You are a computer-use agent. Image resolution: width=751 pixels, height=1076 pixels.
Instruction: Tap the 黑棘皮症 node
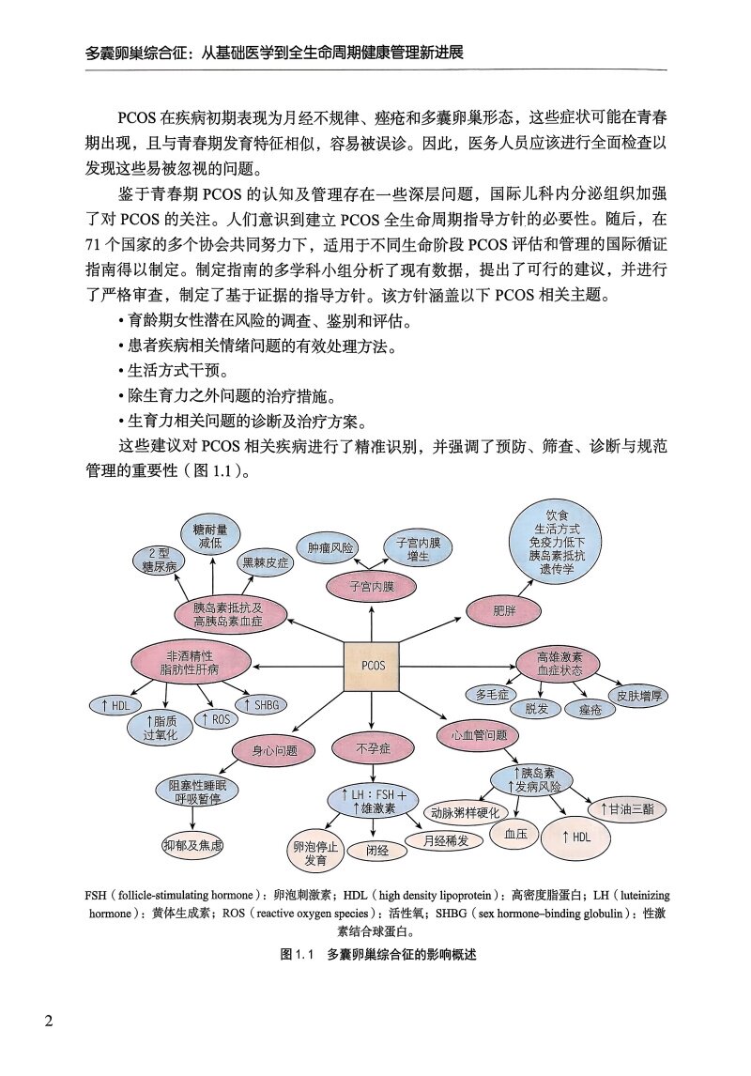pos(267,563)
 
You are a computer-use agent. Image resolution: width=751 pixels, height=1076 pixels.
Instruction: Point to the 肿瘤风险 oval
pos(325,546)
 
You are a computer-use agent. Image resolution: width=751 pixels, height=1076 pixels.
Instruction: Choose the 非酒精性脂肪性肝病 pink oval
pos(192,662)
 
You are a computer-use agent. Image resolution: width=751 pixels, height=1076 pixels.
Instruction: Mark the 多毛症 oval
pos(493,695)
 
